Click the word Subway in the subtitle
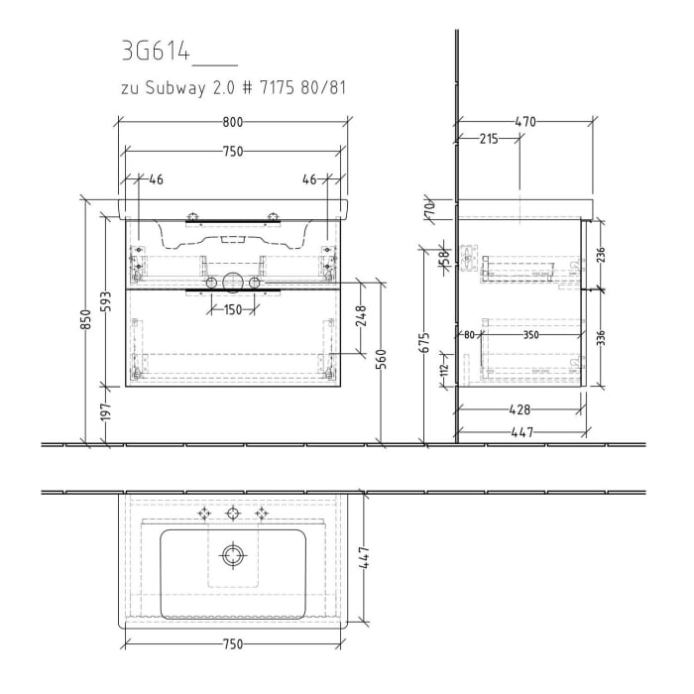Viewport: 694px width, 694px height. [178, 88]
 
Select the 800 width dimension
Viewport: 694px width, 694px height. [232, 123]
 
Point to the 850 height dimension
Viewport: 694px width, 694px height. [85, 319]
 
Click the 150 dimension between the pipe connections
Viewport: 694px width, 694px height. [232, 309]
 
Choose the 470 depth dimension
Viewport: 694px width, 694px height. [524, 123]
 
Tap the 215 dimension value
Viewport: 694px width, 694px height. [488, 140]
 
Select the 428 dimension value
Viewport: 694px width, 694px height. [519, 408]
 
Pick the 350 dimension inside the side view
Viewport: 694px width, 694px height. [530, 335]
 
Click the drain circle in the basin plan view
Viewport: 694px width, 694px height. [233, 554]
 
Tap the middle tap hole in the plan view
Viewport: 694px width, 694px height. [233, 513]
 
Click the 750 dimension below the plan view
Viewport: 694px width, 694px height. [232, 644]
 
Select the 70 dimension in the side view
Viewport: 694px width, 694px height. [430, 208]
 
